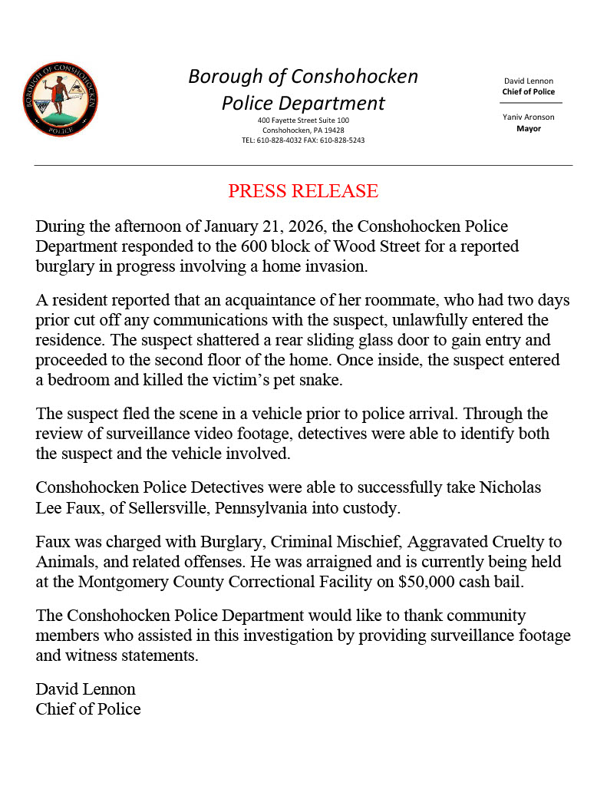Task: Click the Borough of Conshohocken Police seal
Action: [x=61, y=100]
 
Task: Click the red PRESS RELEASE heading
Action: [x=303, y=191]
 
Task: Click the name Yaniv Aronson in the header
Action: [x=529, y=117]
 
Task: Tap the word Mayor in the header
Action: [x=529, y=129]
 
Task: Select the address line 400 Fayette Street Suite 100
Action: [x=303, y=121]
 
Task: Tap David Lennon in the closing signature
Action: [x=85, y=689]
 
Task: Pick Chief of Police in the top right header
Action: [x=529, y=92]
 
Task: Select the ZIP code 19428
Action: [x=332, y=130]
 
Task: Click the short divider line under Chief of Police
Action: [x=531, y=103]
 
